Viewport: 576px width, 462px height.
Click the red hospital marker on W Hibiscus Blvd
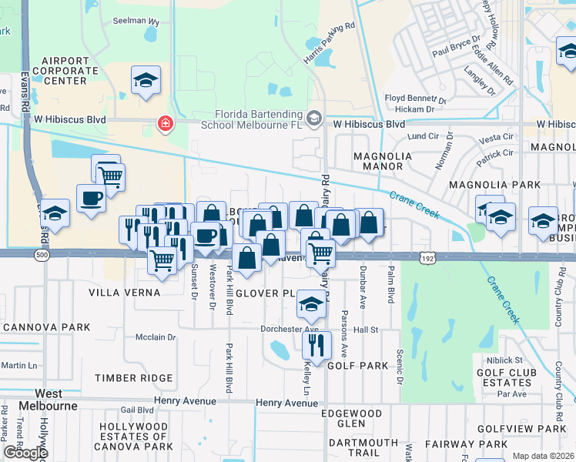click(164, 123)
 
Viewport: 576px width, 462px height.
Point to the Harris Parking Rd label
click(328, 42)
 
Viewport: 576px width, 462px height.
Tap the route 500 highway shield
click(41, 255)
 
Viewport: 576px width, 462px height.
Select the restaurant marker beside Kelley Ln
click(316, 343)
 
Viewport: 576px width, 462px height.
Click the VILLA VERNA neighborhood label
click(124, 293)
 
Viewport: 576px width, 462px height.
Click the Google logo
click(25, 452)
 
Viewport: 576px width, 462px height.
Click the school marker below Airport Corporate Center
click(146, 80)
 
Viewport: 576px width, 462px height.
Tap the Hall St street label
click(366, 330)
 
